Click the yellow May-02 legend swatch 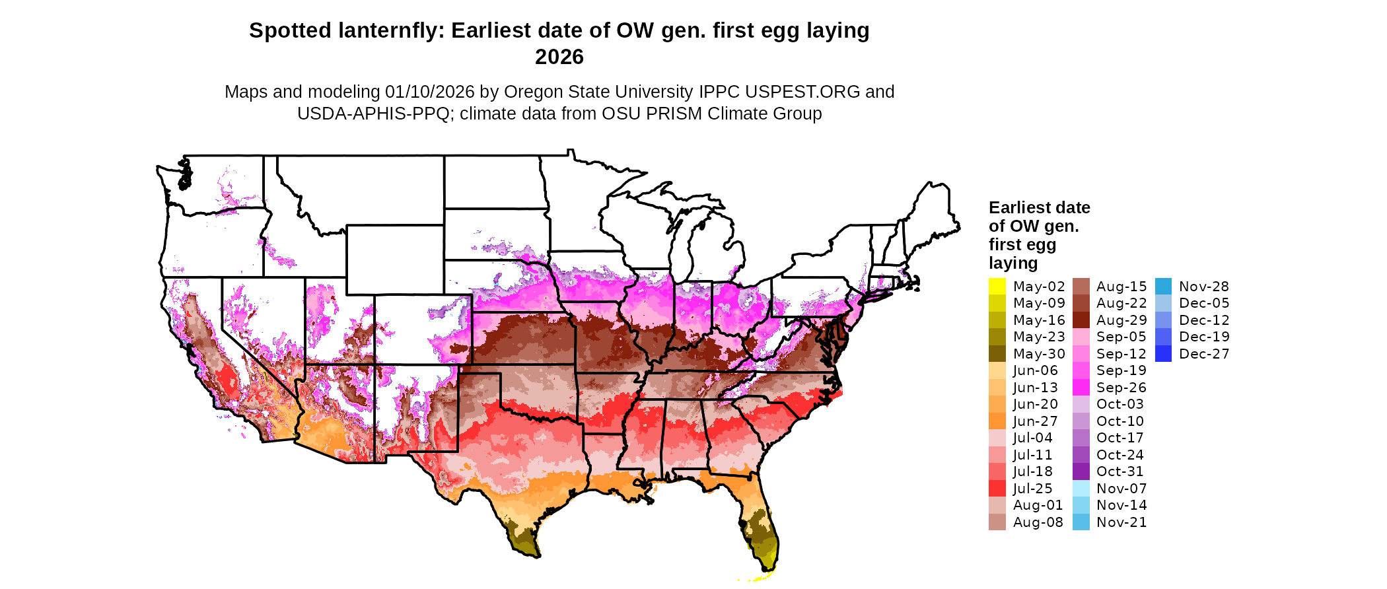[997, 287]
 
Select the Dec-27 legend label [1204, 354]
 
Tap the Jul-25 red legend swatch [997, 489]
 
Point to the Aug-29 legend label [1121, 320]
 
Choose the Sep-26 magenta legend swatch [1081, 388]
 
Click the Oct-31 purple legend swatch [1081, 471]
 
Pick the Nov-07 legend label [1121, 489]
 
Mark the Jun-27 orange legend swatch [997, 421]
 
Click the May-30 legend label [1039, 354]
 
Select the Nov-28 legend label [1204, 287]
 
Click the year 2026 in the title [559, 57]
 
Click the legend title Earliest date [1039, 208]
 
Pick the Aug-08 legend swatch [997, 522]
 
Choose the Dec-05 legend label [1204, 303]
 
